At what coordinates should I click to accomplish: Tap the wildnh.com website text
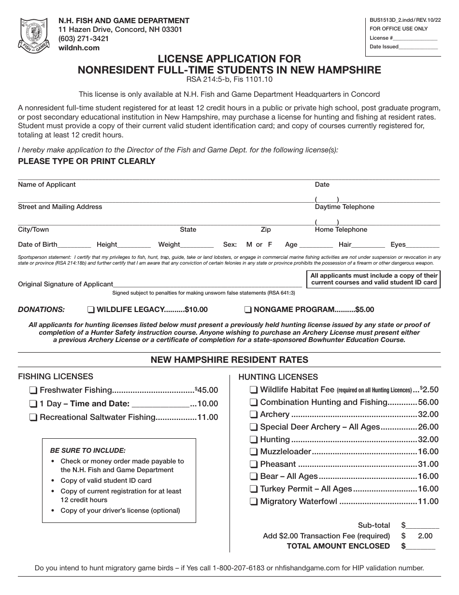click(79, 47)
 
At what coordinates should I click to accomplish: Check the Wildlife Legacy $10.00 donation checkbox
click(91, 310)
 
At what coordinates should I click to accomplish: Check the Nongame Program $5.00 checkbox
click(248, 310)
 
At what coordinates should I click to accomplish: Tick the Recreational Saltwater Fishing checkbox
click(33, 417)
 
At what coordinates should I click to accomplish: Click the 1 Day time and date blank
click(160, 404)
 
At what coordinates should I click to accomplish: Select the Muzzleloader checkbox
click(254, 452)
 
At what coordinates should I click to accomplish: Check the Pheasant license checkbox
click(254, 464)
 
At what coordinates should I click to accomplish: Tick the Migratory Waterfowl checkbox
click(254, 502)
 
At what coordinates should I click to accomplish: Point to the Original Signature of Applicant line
click(208, 284)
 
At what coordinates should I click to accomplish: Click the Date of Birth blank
click(74, 245)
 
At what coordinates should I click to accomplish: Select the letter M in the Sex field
click(249, 245)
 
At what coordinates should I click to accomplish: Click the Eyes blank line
click(424, 245)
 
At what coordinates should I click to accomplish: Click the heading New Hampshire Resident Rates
click(229, 360)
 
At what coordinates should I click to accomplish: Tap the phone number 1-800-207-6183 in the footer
click(239, 568)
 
